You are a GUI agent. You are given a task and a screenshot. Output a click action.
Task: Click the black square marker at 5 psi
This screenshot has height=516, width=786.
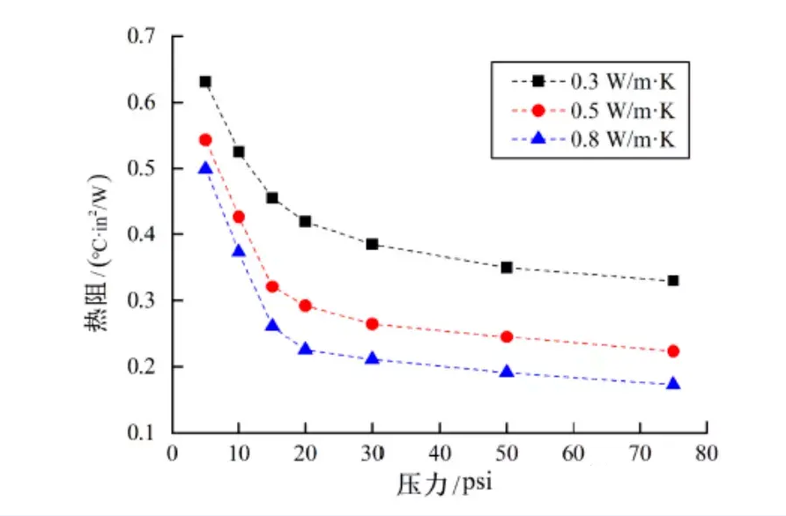[x=205, y=82]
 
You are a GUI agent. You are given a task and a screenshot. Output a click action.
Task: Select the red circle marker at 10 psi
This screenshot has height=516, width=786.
[x=239, y=217]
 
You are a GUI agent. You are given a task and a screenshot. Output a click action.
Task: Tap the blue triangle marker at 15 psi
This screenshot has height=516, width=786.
[x=272, y=326]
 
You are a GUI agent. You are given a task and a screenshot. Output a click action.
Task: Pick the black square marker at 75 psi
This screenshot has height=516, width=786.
[x=673, y=281]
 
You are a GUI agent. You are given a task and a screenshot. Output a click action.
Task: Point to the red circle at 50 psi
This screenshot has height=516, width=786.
[x=507, y=336]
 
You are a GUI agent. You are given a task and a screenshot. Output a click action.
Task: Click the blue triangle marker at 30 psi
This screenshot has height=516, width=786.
[x=372, y=358]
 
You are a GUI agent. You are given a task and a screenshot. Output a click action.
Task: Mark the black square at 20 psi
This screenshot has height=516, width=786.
[x=305, y=221]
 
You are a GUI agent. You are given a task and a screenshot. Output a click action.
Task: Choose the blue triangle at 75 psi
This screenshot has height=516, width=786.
[x=673, y=384]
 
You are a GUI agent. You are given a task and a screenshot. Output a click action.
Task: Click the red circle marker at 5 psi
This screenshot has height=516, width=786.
[x=205, y=140]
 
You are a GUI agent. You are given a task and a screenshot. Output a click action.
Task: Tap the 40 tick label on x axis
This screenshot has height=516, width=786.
[x=439, y=453]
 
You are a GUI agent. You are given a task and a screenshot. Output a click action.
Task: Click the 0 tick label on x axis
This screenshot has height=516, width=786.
[x=173, y=453]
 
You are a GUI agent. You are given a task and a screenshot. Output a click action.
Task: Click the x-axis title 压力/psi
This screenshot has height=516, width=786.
[x=441, y=484]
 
